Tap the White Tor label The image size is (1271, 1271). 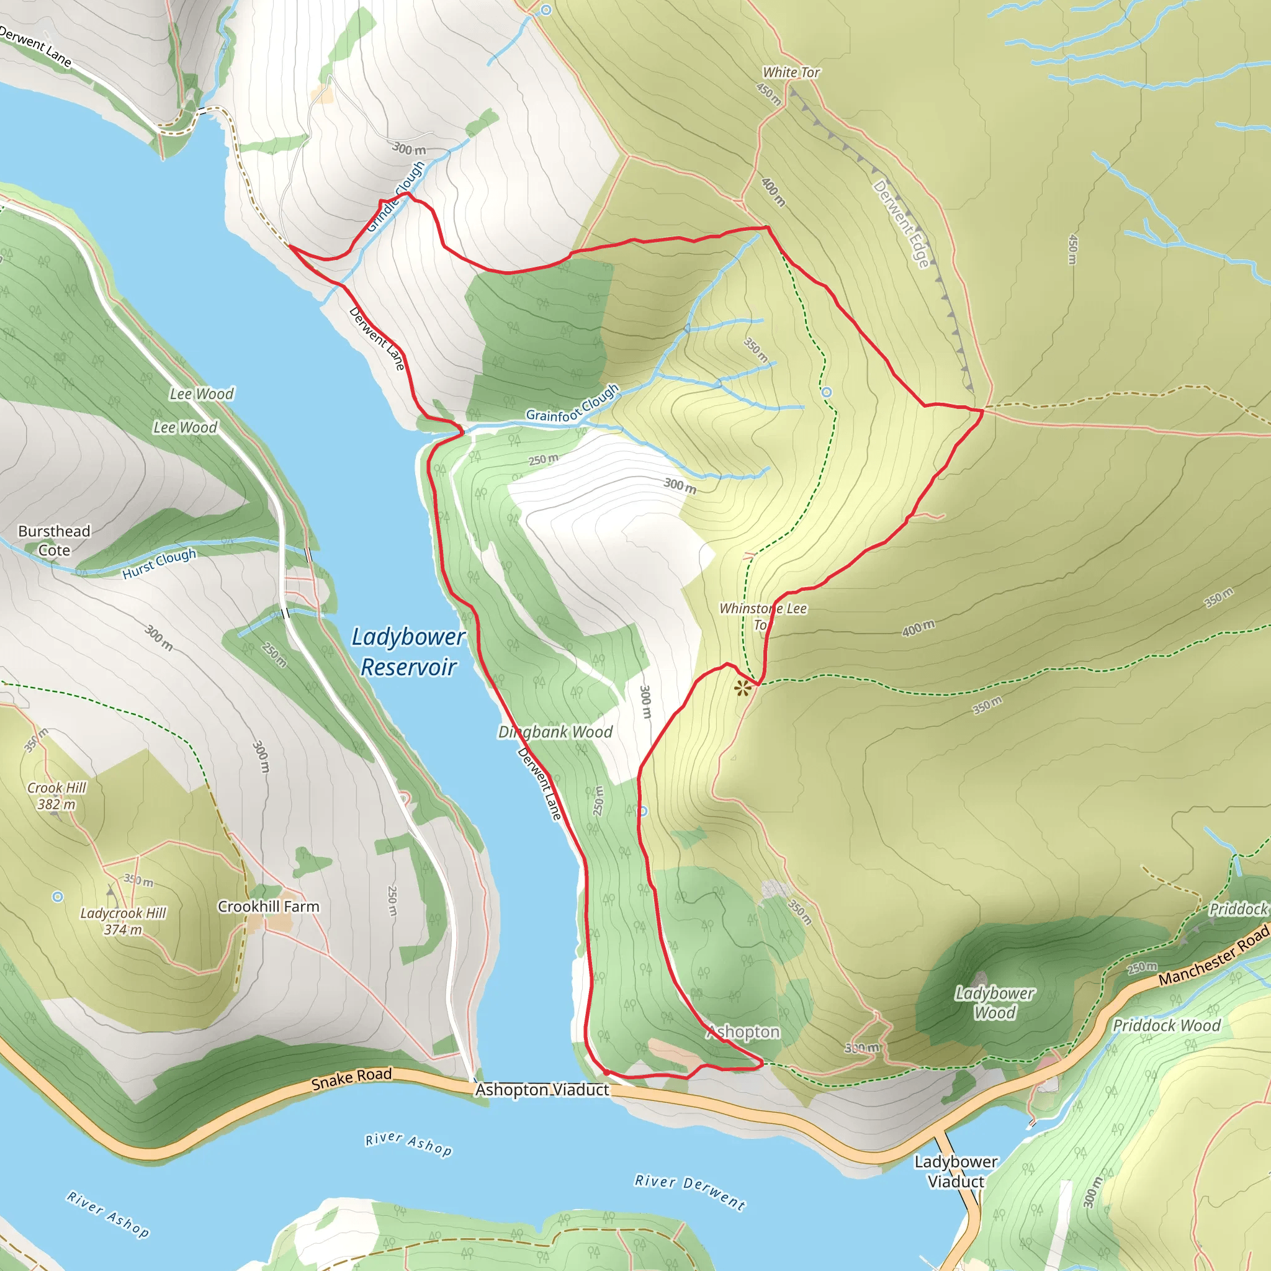tap(791, 73)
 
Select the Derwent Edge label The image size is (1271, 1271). tap(901, 223)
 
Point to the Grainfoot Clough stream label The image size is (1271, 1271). tap(572, 404)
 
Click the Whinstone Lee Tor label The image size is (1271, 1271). tap(763, 616)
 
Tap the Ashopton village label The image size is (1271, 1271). tap(743, 1032)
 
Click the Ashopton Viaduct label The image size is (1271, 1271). tap(542, 1090)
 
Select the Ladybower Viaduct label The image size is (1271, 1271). tap(956, 1172)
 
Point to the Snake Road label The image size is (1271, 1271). tap(351, 1078)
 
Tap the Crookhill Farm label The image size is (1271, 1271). tap(268, 907)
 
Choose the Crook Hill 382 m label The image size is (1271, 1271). tap(56, 796)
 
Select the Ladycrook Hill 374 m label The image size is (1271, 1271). tap(123, 921)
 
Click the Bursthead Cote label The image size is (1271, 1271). tap(54, 540)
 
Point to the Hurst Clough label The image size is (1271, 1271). tap(159, 564)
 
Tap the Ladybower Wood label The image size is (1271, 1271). tap(995, 1003)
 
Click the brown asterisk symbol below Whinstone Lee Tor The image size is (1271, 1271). tap(743, 689)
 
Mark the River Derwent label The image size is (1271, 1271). tap(689, 1192)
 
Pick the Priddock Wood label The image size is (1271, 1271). tap(1166, 1026)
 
